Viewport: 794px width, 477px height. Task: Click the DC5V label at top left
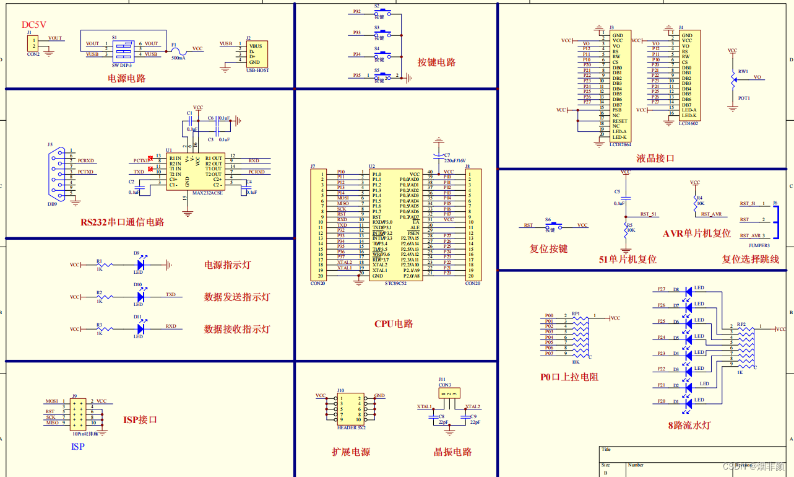34,25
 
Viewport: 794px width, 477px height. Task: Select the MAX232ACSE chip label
207,193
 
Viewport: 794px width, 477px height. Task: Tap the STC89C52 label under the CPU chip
395,283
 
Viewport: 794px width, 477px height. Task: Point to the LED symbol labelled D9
139,265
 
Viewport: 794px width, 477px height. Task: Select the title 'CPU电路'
394,324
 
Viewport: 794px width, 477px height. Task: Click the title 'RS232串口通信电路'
122,222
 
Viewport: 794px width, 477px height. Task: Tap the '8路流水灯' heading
689,425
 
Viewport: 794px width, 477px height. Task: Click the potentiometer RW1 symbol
734,78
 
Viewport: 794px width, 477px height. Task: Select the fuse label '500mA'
178,58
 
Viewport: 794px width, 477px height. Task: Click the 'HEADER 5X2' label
351,428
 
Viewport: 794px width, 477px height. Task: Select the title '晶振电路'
452,452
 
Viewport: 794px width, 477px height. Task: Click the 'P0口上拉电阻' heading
569,377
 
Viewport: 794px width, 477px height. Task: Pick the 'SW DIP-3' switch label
121,64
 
